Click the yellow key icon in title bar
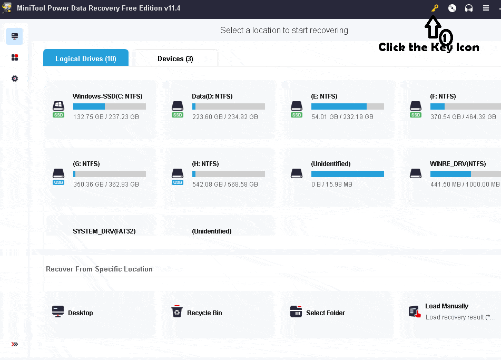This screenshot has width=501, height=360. (x=435, y=8)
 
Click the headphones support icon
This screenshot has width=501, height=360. (x=469, y=8)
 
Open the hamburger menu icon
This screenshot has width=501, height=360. (x=486, y=8)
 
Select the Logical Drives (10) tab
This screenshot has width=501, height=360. (x=86, y=59)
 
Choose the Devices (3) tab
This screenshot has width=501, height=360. (x=175, y=59)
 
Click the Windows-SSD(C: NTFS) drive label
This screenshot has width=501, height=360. (x=107, y=96)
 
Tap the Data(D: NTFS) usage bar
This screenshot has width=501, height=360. (x=228, y=106)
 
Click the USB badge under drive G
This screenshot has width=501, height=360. (x=58, y=182)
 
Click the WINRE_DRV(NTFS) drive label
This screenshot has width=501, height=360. (x=457, y=164)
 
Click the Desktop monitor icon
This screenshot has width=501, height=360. (x=58, y=312)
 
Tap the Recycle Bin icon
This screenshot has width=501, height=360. (x=177, y=312)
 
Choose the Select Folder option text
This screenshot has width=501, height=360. (x=326, y=313)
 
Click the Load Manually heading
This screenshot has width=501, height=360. (x=447, y=306)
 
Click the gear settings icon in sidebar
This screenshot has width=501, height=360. (x=15, y=79)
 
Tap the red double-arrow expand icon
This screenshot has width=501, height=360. (x=15, y=344)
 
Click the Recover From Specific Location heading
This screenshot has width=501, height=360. (x=99, y=269)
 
